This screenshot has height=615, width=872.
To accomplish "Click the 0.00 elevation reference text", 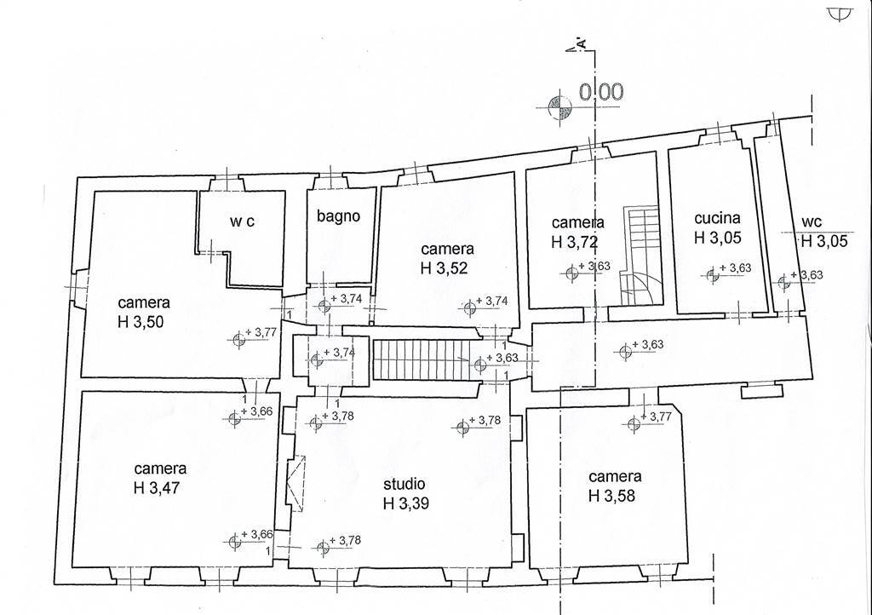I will (602, 93).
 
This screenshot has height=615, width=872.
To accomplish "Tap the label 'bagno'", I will (339, 216).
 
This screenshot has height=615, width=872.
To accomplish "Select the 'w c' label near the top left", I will (243, 221).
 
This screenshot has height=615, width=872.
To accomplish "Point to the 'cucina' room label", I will (717, 218).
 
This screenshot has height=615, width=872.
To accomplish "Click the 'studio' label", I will (404, 484).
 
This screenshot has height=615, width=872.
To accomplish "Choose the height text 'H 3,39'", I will (406, 503).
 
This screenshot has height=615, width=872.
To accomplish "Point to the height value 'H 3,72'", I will (575, 242).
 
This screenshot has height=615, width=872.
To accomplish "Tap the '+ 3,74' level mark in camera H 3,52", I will (491, 301).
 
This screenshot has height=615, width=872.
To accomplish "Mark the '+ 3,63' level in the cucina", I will (734, 268).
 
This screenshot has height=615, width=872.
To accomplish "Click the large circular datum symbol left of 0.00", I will (559, 106).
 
